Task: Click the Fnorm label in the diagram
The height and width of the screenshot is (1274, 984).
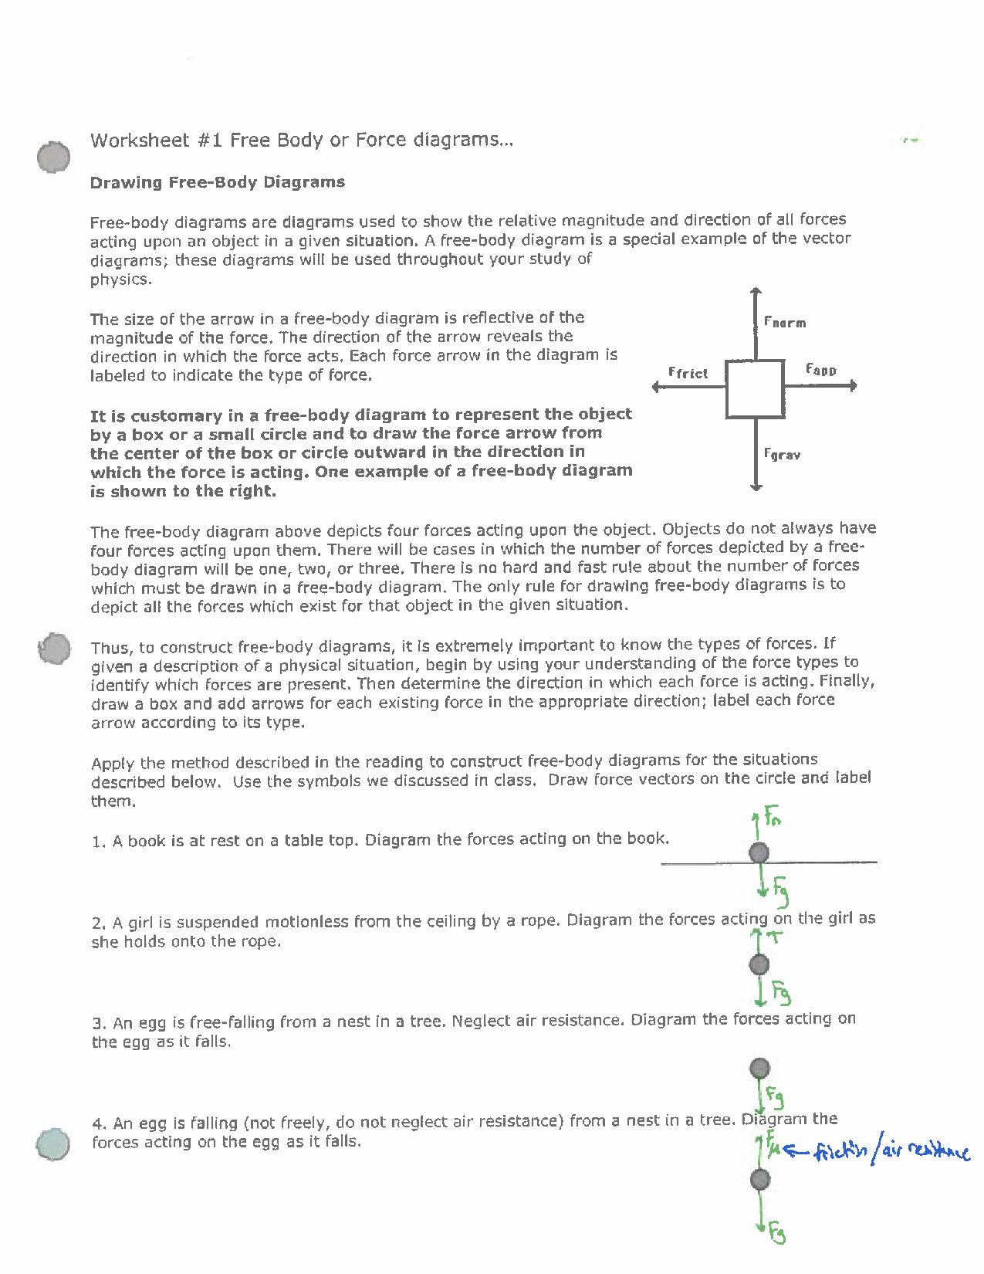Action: (x=785, y=323)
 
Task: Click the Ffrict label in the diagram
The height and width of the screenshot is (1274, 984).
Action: (x=688, y=373)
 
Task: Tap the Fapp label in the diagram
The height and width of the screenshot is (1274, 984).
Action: (x=820, y=370)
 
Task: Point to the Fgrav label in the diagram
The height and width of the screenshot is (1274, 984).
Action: (x=782, y=455)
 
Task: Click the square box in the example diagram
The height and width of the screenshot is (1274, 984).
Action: (x=756, y=388)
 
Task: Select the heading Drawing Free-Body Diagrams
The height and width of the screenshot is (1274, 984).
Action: (x=218, y=183)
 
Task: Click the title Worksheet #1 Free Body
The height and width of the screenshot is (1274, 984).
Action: (x=301, y=141)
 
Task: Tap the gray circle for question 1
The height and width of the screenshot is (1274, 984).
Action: (x=759, y=853)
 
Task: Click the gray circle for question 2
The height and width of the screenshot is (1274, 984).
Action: (x=759, y=964)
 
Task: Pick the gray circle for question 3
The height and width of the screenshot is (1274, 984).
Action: (x=759, y=1068)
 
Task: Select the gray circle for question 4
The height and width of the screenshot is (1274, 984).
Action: (x=759, y=1179)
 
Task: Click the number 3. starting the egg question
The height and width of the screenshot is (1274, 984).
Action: (x=98, y=1024)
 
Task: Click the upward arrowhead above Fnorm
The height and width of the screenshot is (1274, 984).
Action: (x=756, y=291)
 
